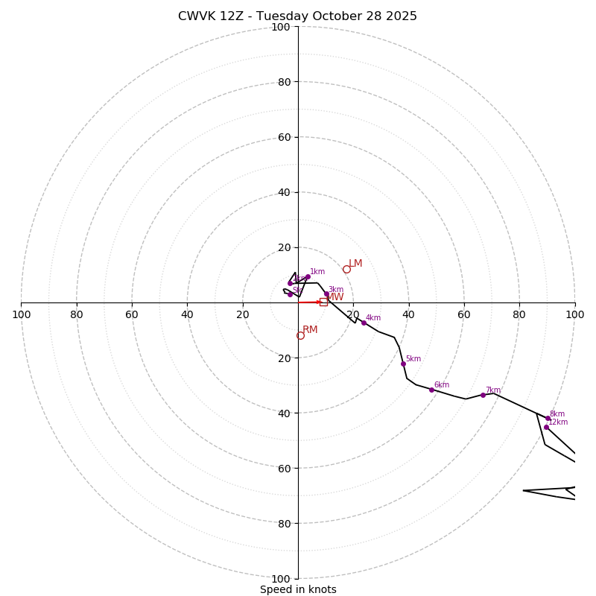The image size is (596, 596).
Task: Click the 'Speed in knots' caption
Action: tap(298, 589)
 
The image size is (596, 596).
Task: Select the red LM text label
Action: tap(355, 264)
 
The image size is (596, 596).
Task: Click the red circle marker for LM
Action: tap(346, 269)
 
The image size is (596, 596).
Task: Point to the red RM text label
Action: tap(310, 330)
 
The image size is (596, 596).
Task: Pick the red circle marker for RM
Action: tap(300, 336)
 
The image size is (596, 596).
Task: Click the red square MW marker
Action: tap(323, 302)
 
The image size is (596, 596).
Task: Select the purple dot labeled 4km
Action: tap(364, 323)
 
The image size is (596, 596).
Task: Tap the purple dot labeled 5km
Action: tap(403, 364)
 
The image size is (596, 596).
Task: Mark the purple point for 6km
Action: tap(431, 390)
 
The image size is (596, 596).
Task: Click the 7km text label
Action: tap(493, 390)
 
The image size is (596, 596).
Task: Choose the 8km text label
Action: tap(557, 414)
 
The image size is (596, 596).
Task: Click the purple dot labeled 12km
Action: tap(546, 427)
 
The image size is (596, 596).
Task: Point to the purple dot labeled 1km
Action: tap(308, 277)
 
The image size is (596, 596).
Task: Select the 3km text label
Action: tap(336, 290)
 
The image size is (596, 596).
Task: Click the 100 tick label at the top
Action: tap(281, 28)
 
